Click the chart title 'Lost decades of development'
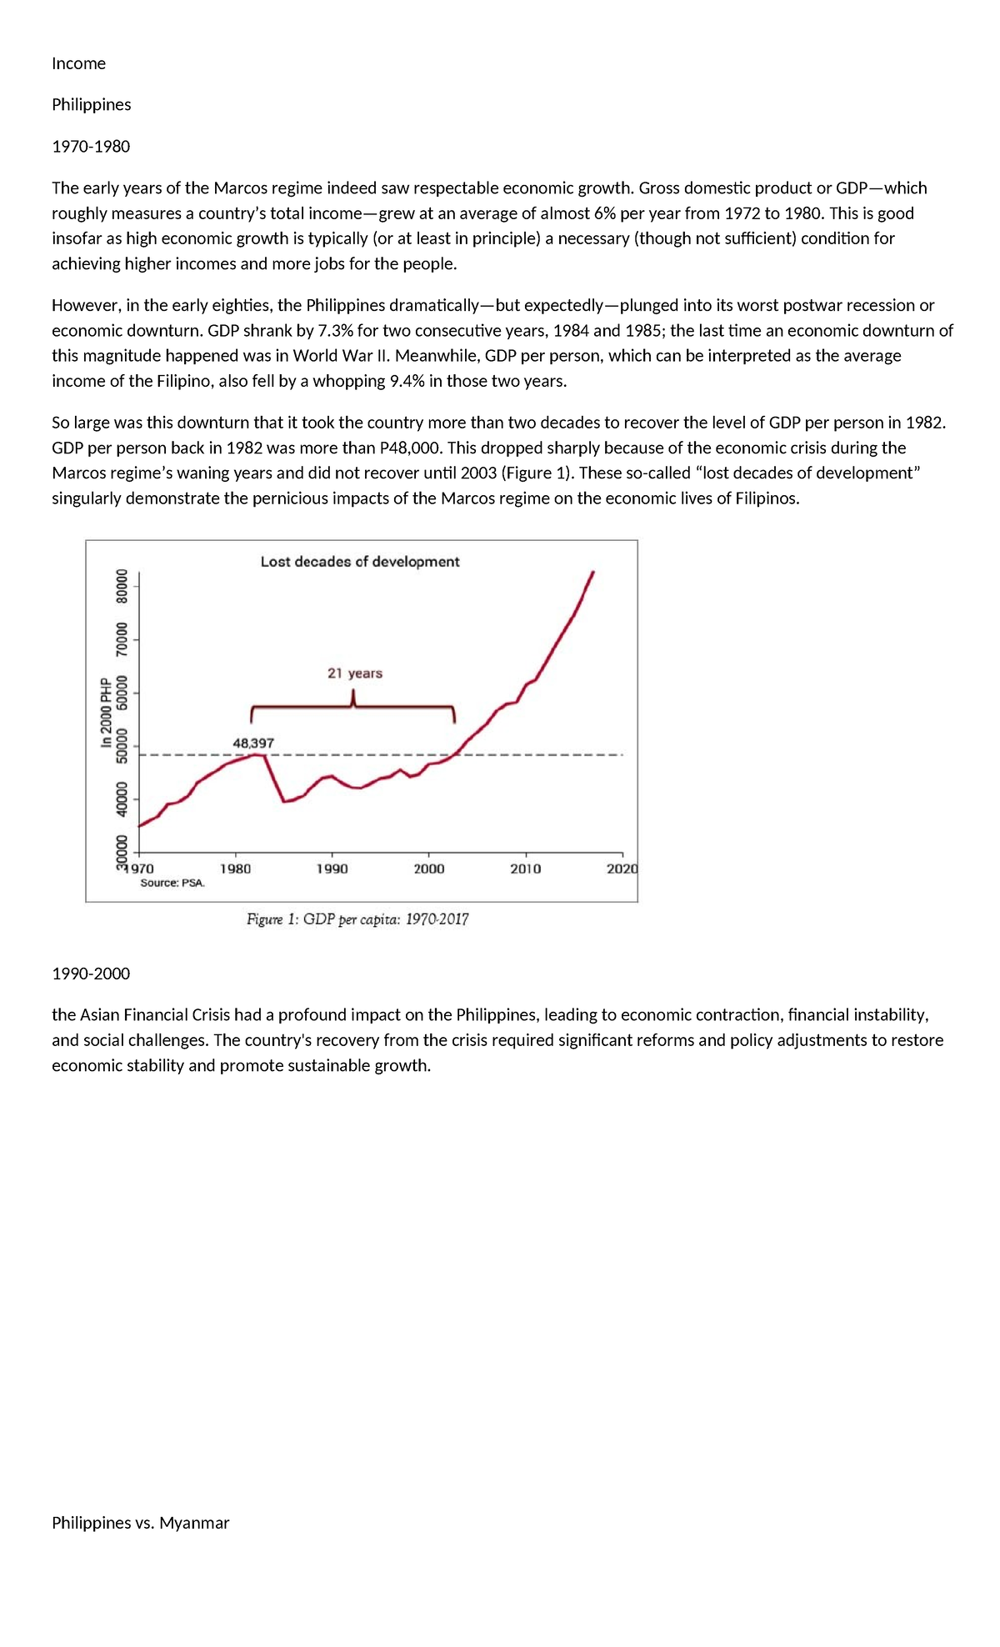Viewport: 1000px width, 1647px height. click(x=359, y=562)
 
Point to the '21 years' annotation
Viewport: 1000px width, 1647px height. click(x=354, y=673)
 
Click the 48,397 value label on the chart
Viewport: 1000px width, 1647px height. click(x=252, y=743)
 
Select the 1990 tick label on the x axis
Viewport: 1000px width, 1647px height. click(x=332, y=869)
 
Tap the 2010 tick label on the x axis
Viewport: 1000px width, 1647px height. click(x=525, y=869)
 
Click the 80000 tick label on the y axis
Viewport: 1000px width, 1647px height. click(x=122, y=586)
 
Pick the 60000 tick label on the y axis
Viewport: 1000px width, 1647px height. click(x=122, y=693)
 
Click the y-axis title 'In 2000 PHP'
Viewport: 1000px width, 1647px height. click(x=106, y=712)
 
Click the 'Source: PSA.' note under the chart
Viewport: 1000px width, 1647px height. click(x=172, y=883)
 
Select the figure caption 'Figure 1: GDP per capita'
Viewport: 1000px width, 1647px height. click(x=357, y=919)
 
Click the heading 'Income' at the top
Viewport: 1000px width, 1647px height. click(x=78, y=63)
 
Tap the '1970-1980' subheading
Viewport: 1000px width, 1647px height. click(x=91, y=147)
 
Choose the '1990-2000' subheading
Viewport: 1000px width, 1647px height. click(x=91, y=974)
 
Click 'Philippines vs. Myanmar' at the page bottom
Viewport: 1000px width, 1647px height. click(x=140, y=1523)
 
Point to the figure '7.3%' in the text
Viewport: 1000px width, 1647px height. click(x=336, y=330)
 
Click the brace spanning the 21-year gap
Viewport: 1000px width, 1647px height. click(x=353, y=708)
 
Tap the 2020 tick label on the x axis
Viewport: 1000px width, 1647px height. click(x=622, y=869)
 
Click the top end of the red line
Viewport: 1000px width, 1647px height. click(x=592, y=573)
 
